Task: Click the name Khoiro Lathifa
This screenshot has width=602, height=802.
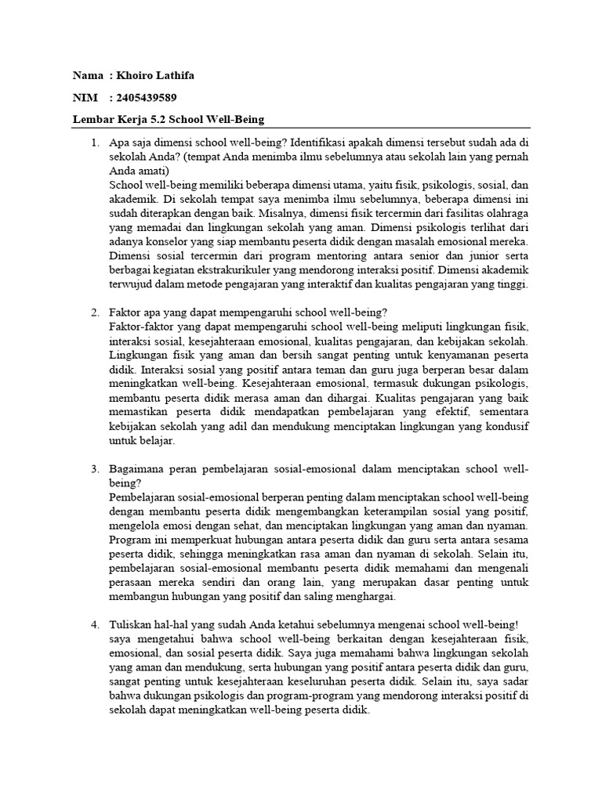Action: click(x=156, y=76)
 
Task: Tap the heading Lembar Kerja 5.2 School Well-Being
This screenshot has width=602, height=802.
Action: click(x=169, y=119)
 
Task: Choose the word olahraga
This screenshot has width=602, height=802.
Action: click(x=506, y=214)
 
